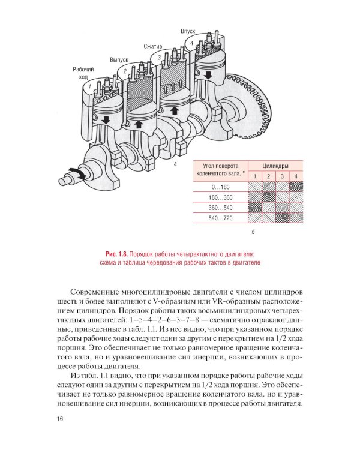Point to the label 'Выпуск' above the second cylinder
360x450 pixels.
119,60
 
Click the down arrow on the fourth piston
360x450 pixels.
208,75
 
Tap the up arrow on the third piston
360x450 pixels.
175,111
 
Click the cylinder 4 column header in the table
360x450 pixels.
296,176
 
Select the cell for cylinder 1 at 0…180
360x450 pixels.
254,188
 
